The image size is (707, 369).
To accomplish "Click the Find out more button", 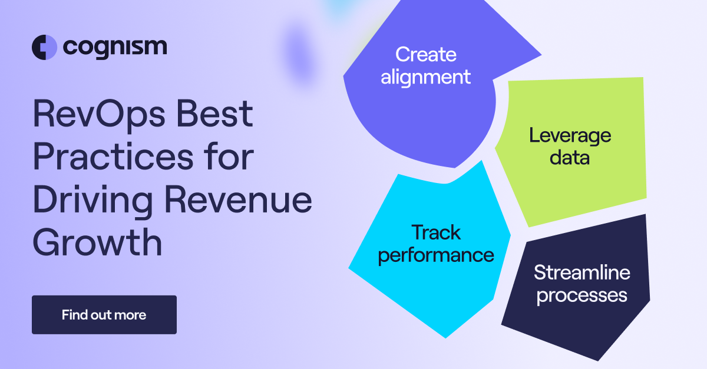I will [104, 315].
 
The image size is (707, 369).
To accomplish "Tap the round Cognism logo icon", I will [44, 47].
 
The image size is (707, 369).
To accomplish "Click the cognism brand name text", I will [114, 47].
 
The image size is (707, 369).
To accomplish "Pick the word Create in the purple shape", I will [425, 55].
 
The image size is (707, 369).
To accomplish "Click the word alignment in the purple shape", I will [425, 77].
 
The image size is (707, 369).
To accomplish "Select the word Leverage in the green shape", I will [570, 135].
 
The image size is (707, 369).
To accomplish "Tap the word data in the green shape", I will [570, 157].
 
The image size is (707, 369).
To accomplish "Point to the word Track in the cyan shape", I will [436, 232].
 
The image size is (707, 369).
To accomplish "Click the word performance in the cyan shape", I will [436, 255].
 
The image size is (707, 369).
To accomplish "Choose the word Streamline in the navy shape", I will [582, 272].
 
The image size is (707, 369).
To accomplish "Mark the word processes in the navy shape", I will [582, 294].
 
